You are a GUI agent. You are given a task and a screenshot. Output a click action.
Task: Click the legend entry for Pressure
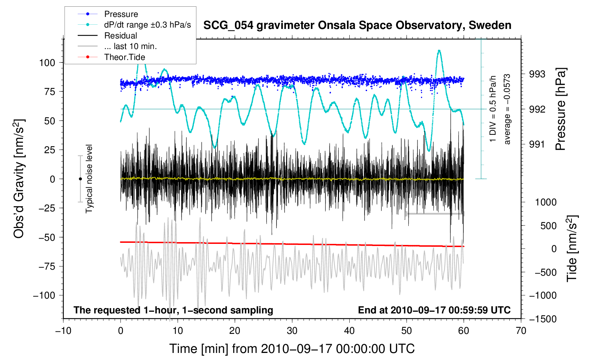pyautogui.click(x=121, y=14)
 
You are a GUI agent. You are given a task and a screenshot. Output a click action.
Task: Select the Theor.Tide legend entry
pyautogui.click(x=124, y=57)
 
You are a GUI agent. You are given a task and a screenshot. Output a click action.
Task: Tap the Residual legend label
pyautogui.click(x=120, y=36)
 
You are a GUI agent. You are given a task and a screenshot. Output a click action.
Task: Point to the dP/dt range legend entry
pyautogui.click(x=147, y=25)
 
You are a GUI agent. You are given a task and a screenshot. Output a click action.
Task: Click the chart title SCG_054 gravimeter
pyautogui.click(x=357, y=25)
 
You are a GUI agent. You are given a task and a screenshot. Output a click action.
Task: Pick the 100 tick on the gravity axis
pyautogui.click(x=47, y=63)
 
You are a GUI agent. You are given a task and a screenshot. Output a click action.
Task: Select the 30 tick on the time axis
pyautogui.click(x=292, y=331)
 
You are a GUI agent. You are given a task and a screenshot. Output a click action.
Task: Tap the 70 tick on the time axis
pyautogui.click(x=521, y=331)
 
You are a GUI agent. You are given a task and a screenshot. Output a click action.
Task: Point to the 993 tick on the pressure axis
pyautogui.click(x=537, y=74)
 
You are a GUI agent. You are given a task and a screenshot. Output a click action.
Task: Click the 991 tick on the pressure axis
pyautogui.click(x=537, y=144)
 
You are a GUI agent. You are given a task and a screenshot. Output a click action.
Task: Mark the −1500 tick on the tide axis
pyautogui.click(x=543, y=319)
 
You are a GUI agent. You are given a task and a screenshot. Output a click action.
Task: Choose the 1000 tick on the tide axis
pyautogui.click(x=546, y=202)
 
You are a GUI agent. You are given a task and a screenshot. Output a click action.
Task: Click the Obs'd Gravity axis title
pyautogui.click(x=19, y=179)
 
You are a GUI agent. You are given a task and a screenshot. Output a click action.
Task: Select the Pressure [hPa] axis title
pyautogui.click(x=561, y=109)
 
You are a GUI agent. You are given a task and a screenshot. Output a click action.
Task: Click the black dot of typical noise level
pyautogui.click(x=80, y=179)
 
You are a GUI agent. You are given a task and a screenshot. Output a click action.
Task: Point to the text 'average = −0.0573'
pyautogui.click(x=507, y=109)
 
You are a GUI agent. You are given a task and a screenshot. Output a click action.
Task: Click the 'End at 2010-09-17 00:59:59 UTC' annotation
pyautogui.click(x=434, y=310)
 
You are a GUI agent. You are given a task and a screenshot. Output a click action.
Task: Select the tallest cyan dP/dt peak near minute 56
pyautogui.click(x=439, y=50)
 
